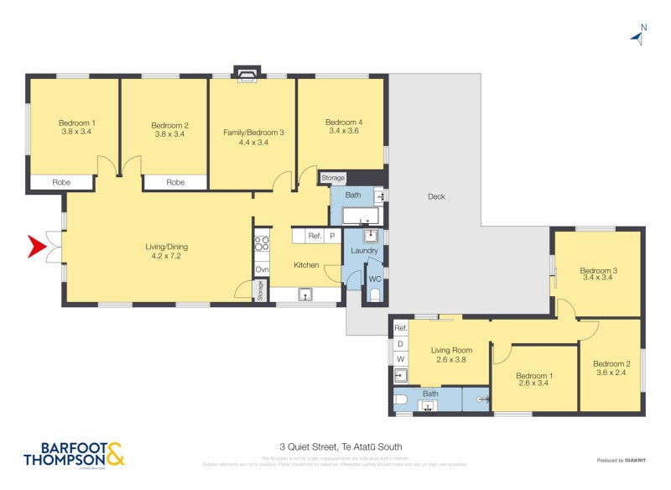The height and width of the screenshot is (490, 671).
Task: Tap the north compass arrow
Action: [x=637, y=35]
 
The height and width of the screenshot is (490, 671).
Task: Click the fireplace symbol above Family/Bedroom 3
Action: [x=247, y=76]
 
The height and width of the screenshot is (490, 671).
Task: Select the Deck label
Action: [x=436, y=197]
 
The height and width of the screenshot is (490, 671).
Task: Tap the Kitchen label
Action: [x=306, y=265]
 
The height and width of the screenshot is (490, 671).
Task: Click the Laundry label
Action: [x=365, y=251]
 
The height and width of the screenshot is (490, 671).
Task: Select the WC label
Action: [x=375, y=278]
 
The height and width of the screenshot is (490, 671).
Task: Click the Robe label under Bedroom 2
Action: [x=174, y=182]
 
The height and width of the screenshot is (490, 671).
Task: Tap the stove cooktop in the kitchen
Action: [x=262, y=243]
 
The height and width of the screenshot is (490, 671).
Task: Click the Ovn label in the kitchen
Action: [x=262, y=269]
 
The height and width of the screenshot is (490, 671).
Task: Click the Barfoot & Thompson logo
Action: [x=74, y=454]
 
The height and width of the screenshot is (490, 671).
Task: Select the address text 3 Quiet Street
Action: [x=335, y=447]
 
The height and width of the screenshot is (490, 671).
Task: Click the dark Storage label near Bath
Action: [x=333, y=178]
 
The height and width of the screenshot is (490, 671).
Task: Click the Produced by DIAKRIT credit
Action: [x=621, y=460]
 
